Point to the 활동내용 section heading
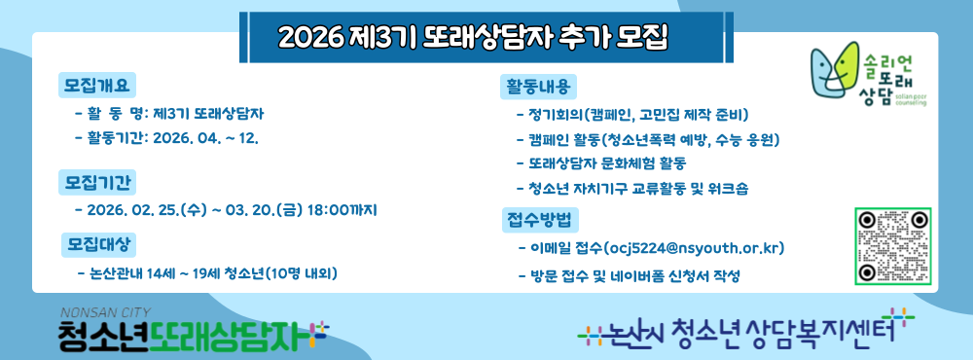point(538,86)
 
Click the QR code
point(892,246)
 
